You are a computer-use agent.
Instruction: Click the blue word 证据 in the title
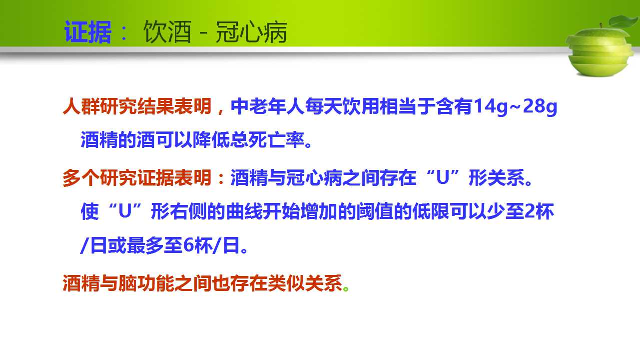(x=88, y=31)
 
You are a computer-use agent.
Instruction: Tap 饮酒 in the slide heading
(x=167, y=31)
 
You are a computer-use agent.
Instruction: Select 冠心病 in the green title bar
(x=251, y=31)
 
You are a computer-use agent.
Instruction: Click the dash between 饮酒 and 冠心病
(x=203, y=32)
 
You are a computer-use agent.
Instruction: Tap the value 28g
(x=540, y=106)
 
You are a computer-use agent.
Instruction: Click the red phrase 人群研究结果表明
(x=137, y=106)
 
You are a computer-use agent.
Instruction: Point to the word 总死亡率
(x=267, y=140)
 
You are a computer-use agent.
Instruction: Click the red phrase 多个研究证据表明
(x=137, y=178)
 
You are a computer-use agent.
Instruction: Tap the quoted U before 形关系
(x=442, y=177)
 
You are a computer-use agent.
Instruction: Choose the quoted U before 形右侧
(x=125, y=211)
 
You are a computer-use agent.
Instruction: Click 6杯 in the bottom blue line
(x=198, y=245)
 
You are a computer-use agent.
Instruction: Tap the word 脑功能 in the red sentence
(x=146, y=283)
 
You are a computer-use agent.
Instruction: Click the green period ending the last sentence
(x=346, y=288)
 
